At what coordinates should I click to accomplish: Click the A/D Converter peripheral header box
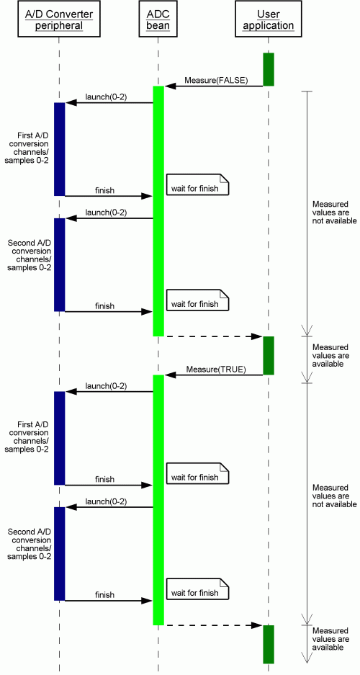click(x=59, y=19)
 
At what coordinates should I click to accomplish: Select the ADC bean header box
click(x=158, y=19)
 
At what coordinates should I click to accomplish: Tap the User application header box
click(x=269, y=19)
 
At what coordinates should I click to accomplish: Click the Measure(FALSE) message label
click(x=216, y=81)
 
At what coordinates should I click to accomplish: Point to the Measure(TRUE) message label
click(x=216, y=370)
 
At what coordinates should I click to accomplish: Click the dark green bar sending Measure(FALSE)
click(x=269, y=69)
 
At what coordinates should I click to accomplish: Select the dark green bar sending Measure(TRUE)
click(x=269, y=356)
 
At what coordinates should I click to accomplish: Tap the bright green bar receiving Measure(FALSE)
click(x=158, y=211)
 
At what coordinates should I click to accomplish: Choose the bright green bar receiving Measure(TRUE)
click(x=158, y=500)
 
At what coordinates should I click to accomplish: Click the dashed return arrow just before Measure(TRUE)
click(x=213, y=336)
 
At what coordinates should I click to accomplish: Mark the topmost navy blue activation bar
click(x=59, y=149)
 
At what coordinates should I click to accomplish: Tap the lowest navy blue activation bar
click(x=59, y=553)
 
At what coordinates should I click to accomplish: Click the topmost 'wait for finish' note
click(x=197, y=184)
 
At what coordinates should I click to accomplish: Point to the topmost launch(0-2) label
click(x=106, y=97)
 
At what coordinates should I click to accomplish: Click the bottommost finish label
click(x=104, y=595)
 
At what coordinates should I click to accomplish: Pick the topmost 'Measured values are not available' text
click(x=334, y=213)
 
